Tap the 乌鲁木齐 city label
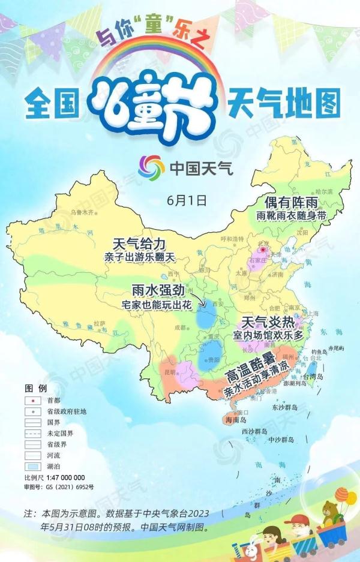pyautogui.click(x=83, y=212)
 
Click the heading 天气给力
pyautogui.click(x=139, y=244)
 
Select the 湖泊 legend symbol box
pyautogui.click(x=32, y=465)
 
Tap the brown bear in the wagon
pyautogui.click(x=329, y=510)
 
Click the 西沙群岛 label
pyautogui.click(x=256, y=431)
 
